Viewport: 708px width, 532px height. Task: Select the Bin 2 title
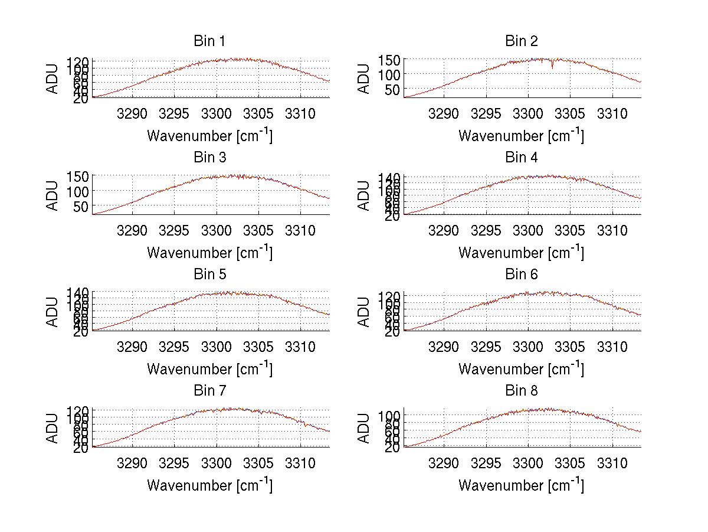coord(521,41)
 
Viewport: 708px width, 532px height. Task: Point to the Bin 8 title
coord(521,391)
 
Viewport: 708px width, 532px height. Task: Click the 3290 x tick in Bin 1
coord(132,113)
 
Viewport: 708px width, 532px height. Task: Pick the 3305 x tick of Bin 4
coord(569,230)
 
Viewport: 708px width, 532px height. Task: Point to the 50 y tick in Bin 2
coord(394,90)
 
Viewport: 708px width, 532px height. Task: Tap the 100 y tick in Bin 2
coord(391,74)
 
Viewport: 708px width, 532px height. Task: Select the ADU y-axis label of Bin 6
coord(364,312)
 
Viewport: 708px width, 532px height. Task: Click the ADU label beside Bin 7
coord(53,429)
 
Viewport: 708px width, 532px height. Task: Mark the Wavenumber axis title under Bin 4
coord(521,252)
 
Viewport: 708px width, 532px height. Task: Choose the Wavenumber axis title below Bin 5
coord(209,368)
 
